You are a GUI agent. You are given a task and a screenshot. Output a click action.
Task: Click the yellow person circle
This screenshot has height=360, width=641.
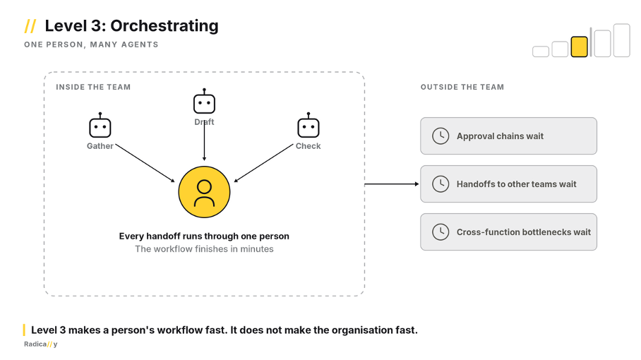pos(205,192)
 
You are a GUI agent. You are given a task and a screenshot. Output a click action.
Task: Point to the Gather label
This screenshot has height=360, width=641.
pos(100,146)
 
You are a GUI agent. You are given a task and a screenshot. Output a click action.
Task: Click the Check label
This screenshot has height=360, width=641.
pos(308,146)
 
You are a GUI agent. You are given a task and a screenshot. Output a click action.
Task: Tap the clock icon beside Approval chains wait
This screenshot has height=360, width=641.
pos(441,136)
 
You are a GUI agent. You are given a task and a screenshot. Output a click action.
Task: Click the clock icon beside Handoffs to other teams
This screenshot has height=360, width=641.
pos(441,184)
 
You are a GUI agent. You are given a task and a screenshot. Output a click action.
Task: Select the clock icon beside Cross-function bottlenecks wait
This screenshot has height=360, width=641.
pos(441,232)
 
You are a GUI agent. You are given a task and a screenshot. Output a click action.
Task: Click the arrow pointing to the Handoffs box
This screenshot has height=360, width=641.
pos(392,184)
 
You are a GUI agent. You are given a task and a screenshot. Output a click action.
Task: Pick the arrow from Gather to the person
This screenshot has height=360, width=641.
pos(145,163)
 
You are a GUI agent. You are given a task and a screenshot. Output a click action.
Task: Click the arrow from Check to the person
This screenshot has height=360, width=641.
pos(264,163)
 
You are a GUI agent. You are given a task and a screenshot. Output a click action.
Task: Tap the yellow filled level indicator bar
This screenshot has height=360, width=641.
pos(580,47)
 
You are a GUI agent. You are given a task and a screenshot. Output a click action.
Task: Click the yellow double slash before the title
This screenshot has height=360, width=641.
pos(30,25)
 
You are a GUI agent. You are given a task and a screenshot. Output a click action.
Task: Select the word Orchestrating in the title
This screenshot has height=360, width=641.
pos(164,25)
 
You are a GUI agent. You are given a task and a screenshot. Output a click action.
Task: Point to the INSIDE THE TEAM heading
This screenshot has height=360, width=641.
pos(93,87)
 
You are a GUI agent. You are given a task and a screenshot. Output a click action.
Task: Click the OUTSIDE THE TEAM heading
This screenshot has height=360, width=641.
pos(462,87)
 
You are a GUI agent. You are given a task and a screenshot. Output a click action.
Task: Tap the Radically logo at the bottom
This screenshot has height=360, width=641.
pos(41,344)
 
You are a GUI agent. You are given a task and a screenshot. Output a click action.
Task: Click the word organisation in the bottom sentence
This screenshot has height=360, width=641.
pos(362,330)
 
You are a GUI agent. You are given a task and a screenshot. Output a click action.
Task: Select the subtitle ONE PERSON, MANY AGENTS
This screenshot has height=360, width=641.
pos(91,44)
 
